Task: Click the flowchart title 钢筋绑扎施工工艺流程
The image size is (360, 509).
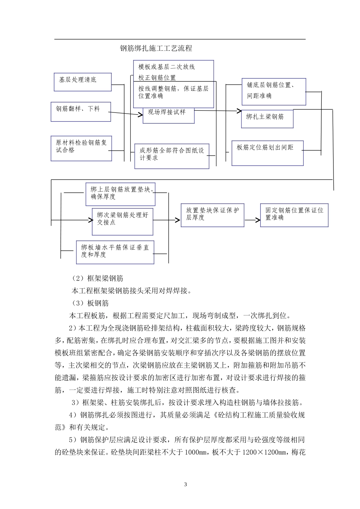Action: click(x=156, y=48)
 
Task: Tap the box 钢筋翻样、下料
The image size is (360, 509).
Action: click(x=81, y=111)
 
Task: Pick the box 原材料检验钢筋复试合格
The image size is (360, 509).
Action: click(x=81, y=148)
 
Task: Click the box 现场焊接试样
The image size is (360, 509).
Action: click(x=168, y=115)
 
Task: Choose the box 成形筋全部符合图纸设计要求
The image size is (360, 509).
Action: click(x=172, y=156)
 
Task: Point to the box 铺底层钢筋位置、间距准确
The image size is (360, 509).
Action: click(x=274, y=92)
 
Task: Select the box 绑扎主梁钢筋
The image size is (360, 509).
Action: click(x=267, y=119)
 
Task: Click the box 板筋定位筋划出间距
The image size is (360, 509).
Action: click(x=268, y=153)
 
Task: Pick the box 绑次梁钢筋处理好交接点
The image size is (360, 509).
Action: click(x=122, y=221)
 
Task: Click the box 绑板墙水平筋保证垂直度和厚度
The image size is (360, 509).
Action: click(x=115, y=252)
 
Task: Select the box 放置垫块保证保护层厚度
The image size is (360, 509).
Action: click(x=212, y=215)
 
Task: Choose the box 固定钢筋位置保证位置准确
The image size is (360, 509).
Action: click(x=294, y=215)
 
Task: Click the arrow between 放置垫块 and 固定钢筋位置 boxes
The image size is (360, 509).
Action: click(x=252, y=219)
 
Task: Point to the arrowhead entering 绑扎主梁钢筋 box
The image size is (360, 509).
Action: click(x=239, y=111)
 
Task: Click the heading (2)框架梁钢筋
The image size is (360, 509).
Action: click(x=97, y=278)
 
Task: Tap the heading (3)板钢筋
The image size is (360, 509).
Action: click(x=90, y=303)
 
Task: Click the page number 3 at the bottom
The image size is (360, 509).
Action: click(x=185, y=484)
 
